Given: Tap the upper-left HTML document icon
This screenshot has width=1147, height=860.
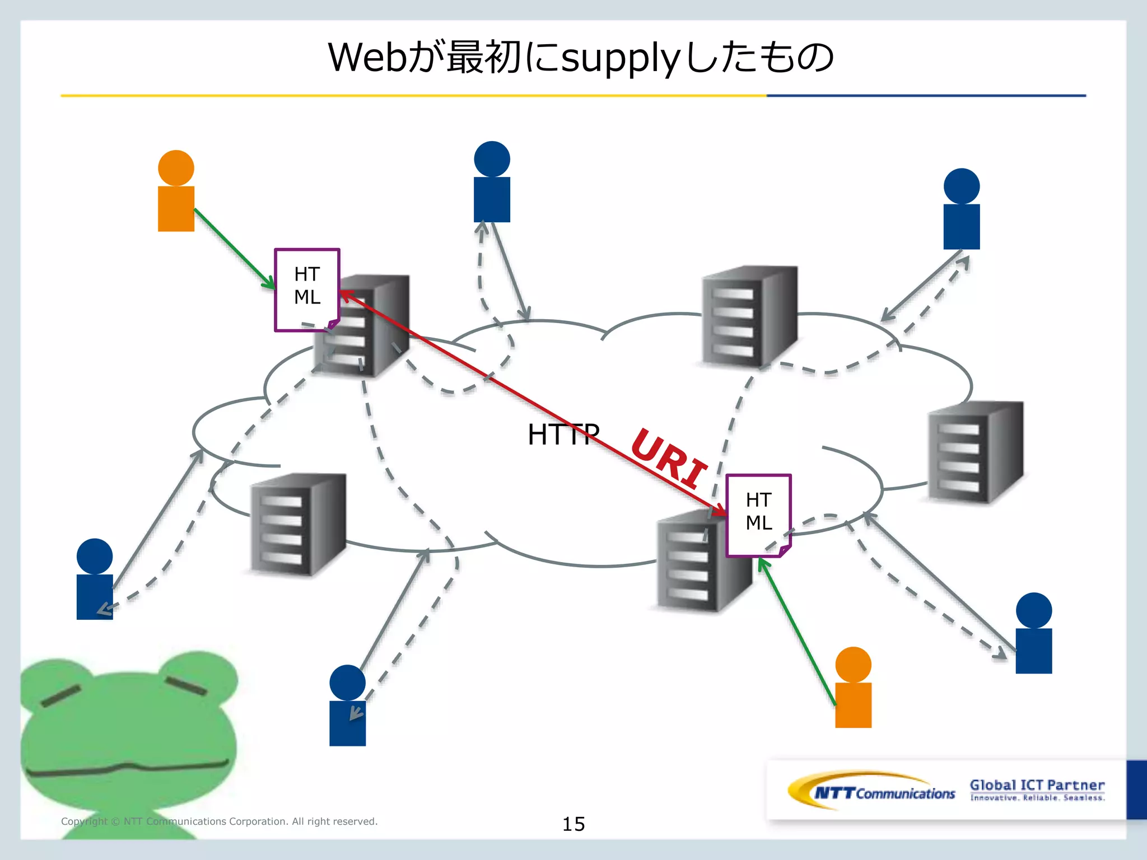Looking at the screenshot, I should pyautogui.click(x=307, y=289).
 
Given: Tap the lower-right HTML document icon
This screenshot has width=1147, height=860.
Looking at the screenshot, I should pyautogui.click(x=758, y=515).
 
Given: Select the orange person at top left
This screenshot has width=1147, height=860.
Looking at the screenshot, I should pyautogui.click(x=176, y=191).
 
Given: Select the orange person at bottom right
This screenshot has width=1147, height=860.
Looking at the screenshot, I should pyautogui.click(x=853, y=688).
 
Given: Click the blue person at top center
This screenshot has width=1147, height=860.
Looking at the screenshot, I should pyautogui.click(x=492, y=183).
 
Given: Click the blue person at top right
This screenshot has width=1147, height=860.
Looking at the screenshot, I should pyautogui.click(x=961, y=209).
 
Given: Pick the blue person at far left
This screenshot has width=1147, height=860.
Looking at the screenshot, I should pyautogui.click(x=95, y=580).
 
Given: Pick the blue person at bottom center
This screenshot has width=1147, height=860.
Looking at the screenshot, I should pyautogui.click(x=347, y=706).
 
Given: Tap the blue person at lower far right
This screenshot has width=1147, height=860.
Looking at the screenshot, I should pyautogui.click(x=1033, y=634).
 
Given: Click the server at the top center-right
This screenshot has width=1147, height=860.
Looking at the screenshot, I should pyautogui.click(x=749, y=316).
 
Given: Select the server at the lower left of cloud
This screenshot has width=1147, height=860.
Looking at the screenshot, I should pyautogui.click(x=298, y=524).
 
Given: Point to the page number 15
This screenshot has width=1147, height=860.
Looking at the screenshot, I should pyautogui.click(x=573, y=824).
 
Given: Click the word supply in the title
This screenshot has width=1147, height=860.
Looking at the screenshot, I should pyautogui.click(x=621, y=58).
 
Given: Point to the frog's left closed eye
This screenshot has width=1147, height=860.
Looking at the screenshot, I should pyautogui.click(x=60, y=695).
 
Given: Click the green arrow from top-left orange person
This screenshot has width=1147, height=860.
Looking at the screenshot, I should pyautogui.click(x=234, y=249).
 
